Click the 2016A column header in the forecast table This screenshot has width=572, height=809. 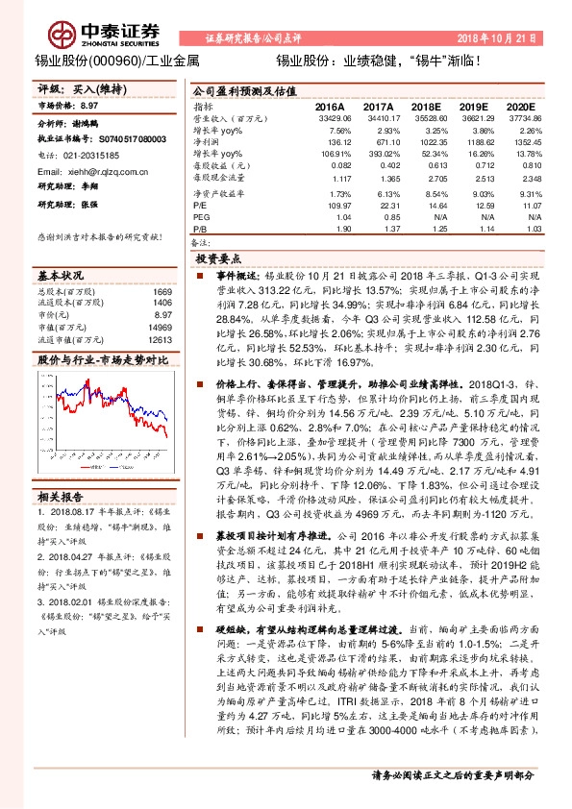coord(330,107)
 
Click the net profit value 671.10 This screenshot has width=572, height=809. coord(381,141)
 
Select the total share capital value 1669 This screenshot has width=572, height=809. coord(162,291)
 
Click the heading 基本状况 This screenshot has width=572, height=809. coord(62,274)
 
